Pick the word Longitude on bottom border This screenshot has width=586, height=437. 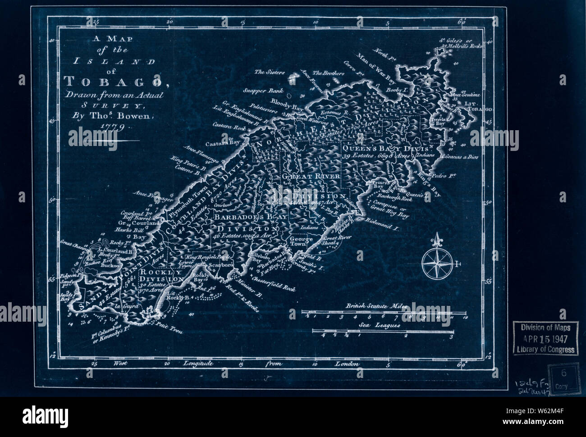click(x=198, y=364)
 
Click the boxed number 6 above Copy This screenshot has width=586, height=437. click(x=563, y=373)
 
